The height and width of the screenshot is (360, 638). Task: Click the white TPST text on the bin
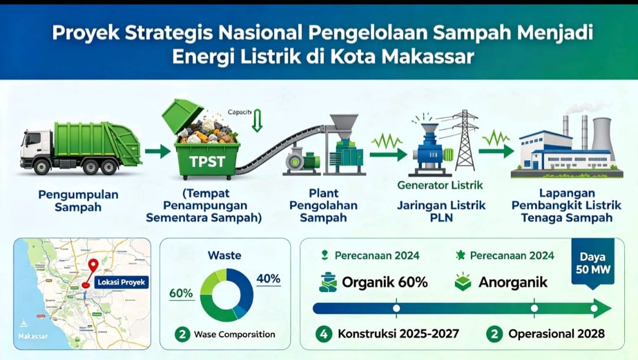click(x=207, y=161)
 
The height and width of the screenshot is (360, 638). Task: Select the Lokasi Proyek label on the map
click(x=121, y=282)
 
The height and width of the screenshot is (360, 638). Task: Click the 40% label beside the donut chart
click(x=268, y=279)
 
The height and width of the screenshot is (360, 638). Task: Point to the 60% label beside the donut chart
click(x=181, y=293)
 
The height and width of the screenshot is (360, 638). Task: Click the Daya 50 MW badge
click(x=593, y=264)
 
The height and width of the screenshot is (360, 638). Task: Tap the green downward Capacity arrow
click(x=257, y=121)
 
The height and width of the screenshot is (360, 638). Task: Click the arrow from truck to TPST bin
click(x=158, y=151)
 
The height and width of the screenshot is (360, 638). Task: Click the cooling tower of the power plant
click(x=601, y=133)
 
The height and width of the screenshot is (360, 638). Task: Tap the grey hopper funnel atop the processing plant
click(x=344, y=125)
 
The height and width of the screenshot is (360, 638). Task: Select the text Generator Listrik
click(x=440, y=185)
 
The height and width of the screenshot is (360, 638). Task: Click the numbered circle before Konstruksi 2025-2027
click(x=324, y=335)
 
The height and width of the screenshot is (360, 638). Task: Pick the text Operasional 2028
click(x=556, y=334)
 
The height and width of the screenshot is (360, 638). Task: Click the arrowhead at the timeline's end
click(x=602, y=309)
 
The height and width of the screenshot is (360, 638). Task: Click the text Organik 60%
click(x=385, y=282)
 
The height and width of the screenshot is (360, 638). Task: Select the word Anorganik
click(x=513, y=282)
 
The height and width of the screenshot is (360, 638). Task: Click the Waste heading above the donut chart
click(x=224, y=255)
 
